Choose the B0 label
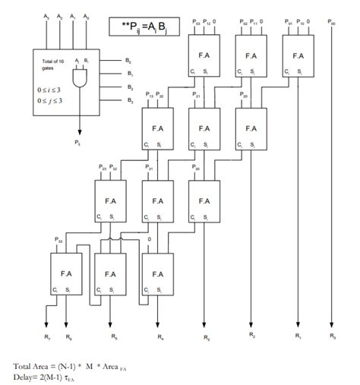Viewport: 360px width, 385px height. (x=129, y=58)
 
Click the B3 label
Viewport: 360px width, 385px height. (x=129, y=101)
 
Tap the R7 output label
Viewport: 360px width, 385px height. (x=48, y=334)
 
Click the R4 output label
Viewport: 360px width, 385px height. (x=159, y=335)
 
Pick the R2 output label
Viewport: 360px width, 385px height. (x=251, y=334)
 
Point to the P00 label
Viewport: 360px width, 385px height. (x=333, y=23)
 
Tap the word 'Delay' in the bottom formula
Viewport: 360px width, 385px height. (x=23, y=375)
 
